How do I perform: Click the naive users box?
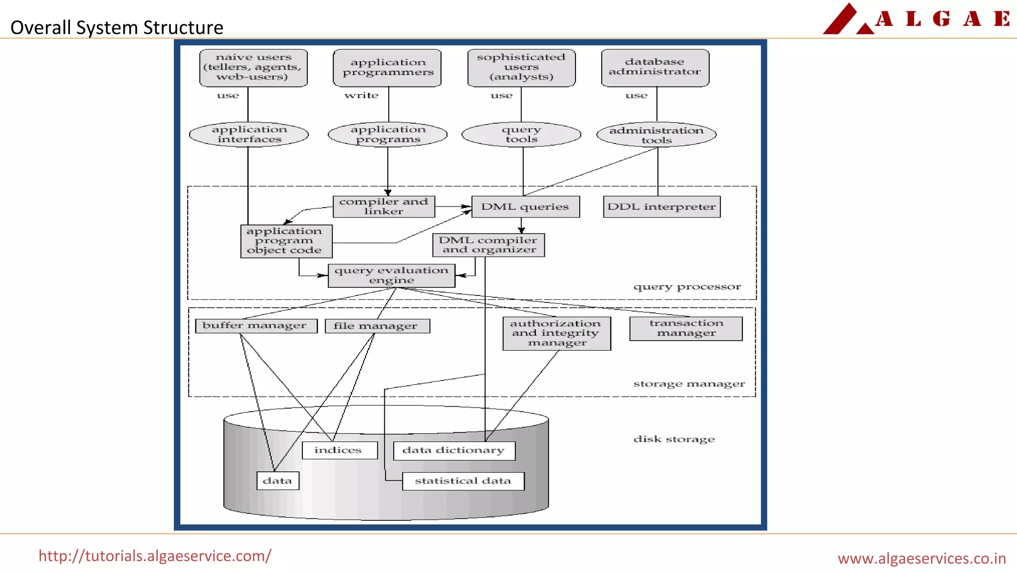[253, 68]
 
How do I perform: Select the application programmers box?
[387, 68]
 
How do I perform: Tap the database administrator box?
[655, 68]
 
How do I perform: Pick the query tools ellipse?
[521, 135]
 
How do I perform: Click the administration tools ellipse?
[656, 135]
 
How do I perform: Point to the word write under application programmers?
[362, 95]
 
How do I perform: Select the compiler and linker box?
[383, 207]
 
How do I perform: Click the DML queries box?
[525, 207]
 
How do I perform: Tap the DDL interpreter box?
[661, 207]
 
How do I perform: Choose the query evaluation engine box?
[391, 276]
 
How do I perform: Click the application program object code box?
[286, 241]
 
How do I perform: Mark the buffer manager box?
[256, 326]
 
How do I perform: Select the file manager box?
[377, 326]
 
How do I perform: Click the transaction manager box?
[686, 328]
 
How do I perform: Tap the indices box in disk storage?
[339, 450]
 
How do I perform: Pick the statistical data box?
[463, 481]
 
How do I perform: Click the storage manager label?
[689, 384]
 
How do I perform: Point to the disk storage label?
[674, 439]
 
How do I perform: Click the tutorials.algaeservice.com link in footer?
[155, 556]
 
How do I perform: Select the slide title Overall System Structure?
[117, 27]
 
